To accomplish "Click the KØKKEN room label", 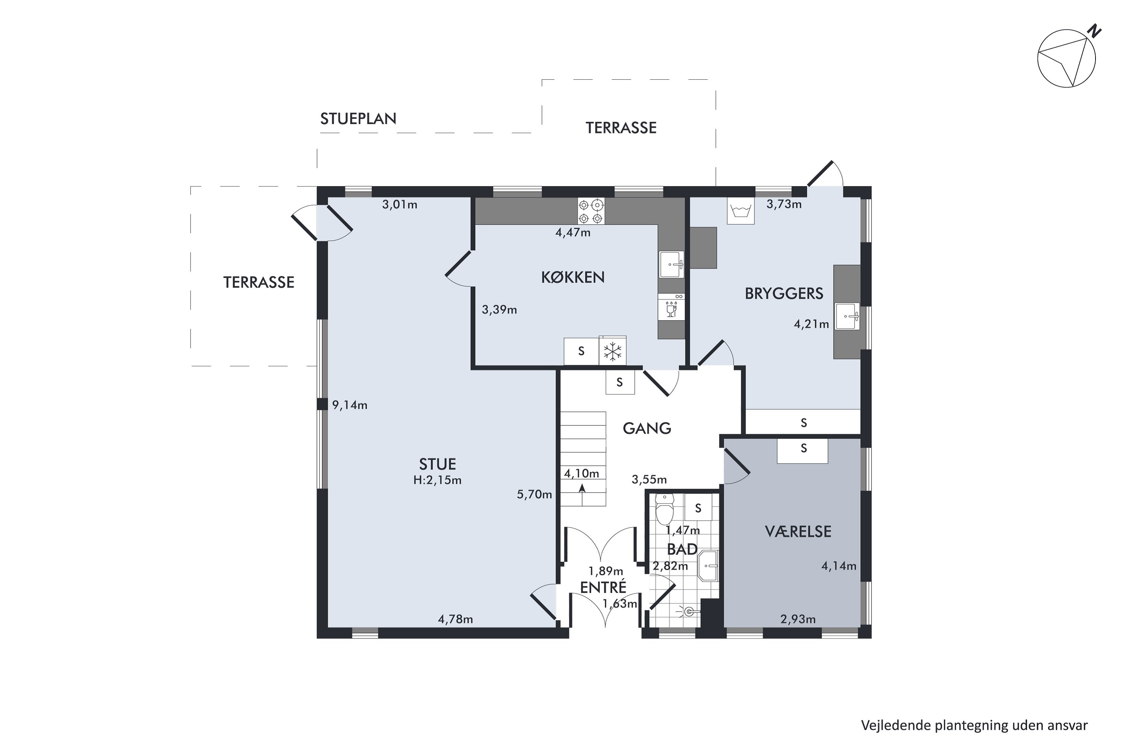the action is pyautogui.click(x=573, y=277).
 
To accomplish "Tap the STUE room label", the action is pyautogui.click(x=437, y=464).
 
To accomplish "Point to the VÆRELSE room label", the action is pyautogui.click(x=798, y=531).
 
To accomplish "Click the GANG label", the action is pyautogui.click(x=647, y=428).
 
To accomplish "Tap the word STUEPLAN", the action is pyautogui.click(x=358, y=119).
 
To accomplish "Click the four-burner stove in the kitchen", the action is pyautogui.click(x=590, y=211).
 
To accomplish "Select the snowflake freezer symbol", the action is pyautogui.click(x=613, y=352).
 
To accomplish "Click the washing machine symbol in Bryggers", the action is pyautogui.click(x=741, y=211).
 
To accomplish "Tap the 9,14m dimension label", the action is pyautogui.click(x=350, y=405).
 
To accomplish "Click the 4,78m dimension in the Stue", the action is pyautogui.click(x=455, y=619).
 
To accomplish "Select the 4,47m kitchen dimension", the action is pyautogui.click(x=573, y=233).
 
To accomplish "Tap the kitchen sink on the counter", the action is pyautogui.click(x=671, y=264).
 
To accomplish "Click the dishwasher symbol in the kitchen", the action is pyautogui.click(x=671, y=306).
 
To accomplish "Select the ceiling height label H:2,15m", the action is pyautogui.click(x=437, y=480).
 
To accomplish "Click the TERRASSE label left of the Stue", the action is pyautogui.click(x=259, y=282).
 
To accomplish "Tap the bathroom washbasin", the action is pyautogui.click(x=708, y=566).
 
